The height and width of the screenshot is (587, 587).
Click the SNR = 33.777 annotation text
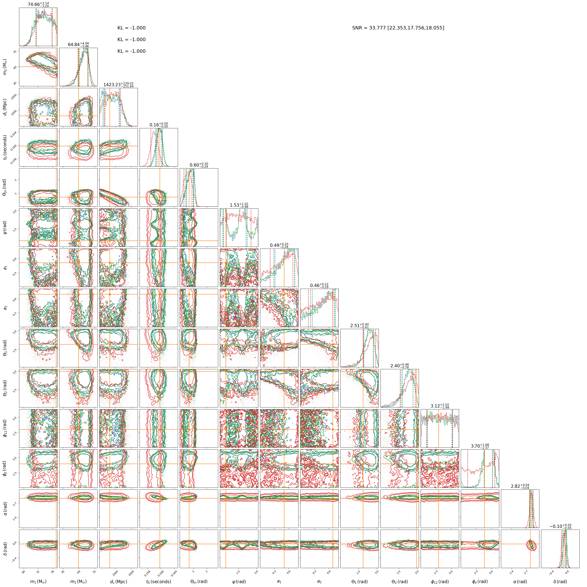pos(398,28)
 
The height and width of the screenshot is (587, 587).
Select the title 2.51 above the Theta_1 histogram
pos(359,326)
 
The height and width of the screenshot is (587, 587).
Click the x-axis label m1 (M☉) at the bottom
pos(38,581)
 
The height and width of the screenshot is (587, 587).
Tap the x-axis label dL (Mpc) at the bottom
pos(119,581)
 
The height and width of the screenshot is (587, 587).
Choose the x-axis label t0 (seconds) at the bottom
pos(159,581)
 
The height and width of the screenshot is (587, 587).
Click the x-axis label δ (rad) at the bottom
pos(560,581)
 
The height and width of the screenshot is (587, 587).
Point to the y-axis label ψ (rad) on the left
pos(5,227)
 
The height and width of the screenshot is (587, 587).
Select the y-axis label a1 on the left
pos(5,268)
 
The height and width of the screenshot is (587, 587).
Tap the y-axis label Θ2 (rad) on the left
pos(5,388)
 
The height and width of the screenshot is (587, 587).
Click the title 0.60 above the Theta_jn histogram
pos(199,165)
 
